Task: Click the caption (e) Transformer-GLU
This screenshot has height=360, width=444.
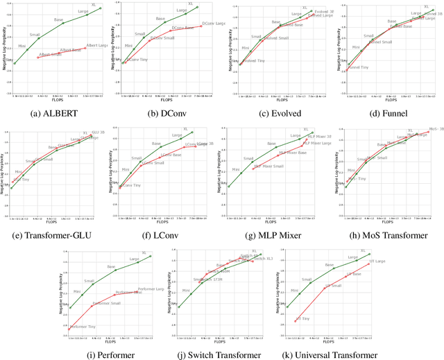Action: pyautogui.click(x=55, y=235)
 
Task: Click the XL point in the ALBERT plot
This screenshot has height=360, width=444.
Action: pyautogui.click(x=101, y=8)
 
